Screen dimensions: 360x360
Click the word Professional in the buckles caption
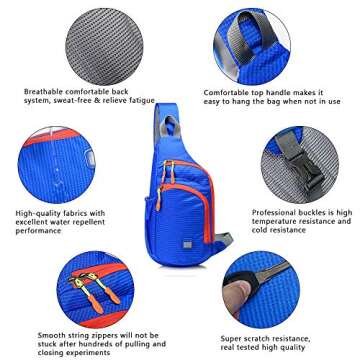[275, 212]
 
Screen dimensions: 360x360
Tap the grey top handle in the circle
[284, 36]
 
